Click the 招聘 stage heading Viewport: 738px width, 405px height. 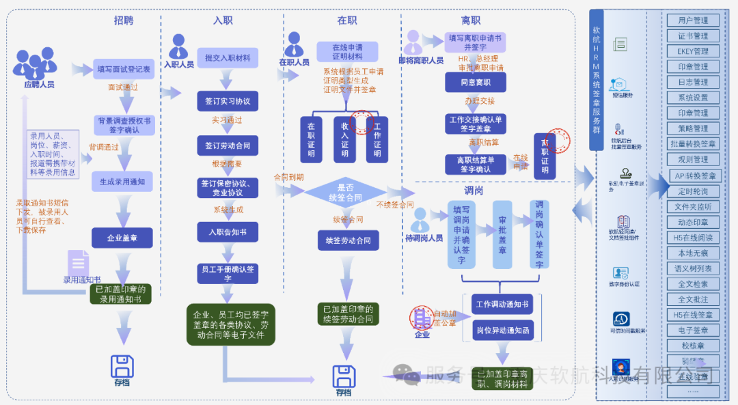pos(124,20)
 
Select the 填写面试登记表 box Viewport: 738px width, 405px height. pos(124,69)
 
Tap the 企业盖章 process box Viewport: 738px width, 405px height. pos(122,238)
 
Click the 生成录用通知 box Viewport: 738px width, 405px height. pos(122,182)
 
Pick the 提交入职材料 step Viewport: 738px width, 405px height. pos(228,58)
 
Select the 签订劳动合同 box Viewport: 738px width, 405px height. pos(228,146)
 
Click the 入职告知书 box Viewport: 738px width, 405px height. pos(228,232)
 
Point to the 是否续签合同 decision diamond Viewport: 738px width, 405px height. pos(345,192)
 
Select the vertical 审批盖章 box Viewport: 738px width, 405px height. pos(502,236)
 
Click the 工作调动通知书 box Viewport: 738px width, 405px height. pos(502,304)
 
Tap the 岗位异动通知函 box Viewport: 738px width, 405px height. pos(502,331)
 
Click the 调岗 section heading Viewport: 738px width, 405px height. pos(473,191)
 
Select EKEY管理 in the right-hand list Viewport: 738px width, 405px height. pos(693,51)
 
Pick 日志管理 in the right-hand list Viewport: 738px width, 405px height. pos(693,82)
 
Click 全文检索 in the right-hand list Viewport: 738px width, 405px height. pos(693,284)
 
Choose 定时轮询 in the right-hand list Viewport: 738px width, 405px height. pos(693,191)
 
